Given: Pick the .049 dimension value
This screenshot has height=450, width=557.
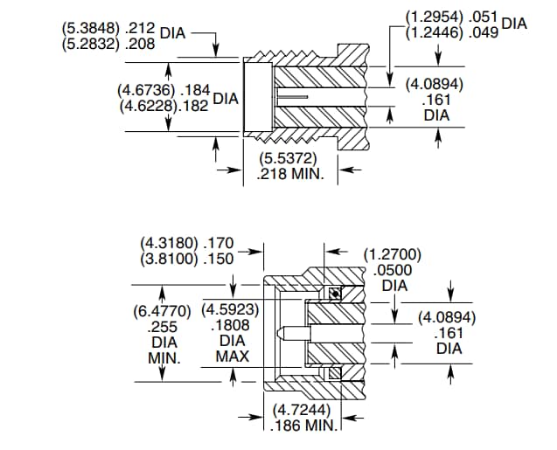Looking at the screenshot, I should (484, 32).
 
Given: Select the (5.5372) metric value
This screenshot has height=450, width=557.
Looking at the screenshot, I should (289, 159).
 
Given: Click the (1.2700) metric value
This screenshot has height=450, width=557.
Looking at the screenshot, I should (393, 255).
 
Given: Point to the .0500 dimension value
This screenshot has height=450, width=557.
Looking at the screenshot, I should (394, 270).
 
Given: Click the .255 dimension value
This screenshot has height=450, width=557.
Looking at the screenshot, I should (164, 327).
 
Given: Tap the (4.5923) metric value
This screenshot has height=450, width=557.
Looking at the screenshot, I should (232, 310).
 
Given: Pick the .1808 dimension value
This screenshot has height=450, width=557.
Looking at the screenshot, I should (232, 325).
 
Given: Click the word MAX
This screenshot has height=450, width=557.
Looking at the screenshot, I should (232, 357).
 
